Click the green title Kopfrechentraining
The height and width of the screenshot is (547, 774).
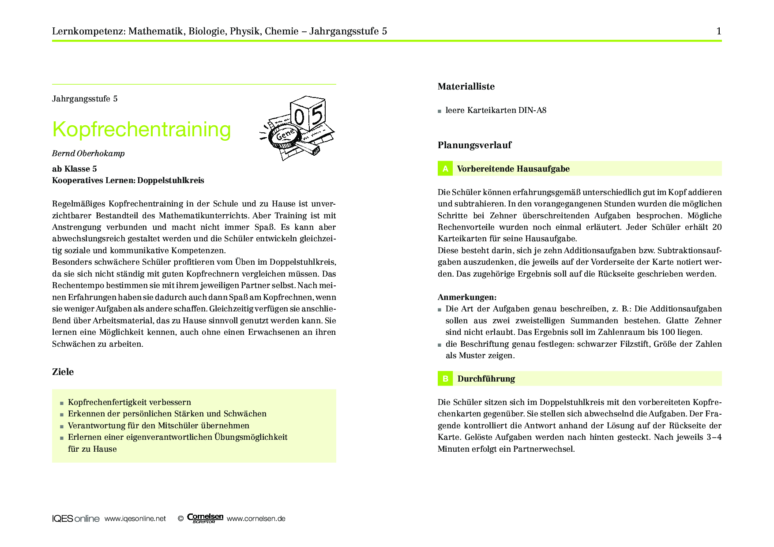tap(141, 130)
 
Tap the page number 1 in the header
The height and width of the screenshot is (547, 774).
tap(719, 31)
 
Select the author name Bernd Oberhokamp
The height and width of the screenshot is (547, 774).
tap(88, 154)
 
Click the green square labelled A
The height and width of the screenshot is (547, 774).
tap(445, 169)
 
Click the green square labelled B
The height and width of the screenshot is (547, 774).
tap(445, 378)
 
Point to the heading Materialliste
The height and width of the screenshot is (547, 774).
tap(466, 86)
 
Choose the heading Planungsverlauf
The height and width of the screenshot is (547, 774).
tap(474, 145)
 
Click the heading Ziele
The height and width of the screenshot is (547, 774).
tap(63, 372)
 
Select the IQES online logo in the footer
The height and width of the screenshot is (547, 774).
tap(75, 519)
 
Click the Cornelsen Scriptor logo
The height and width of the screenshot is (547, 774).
tap(205, 518)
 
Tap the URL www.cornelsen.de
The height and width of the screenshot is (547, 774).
tap(256, 519)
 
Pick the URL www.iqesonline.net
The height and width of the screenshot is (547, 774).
tap(135, 519)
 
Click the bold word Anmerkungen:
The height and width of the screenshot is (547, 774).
tap(467, 297)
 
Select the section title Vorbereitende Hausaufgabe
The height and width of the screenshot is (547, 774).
tap(513, 169)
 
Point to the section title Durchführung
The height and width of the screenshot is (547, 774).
tap(486, 379)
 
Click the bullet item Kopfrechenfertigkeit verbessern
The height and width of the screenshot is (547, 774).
tap(129, 402)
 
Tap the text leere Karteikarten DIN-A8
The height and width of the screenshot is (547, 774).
tap(496, 110)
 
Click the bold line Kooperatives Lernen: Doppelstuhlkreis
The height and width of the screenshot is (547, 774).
tap(128, 180)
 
